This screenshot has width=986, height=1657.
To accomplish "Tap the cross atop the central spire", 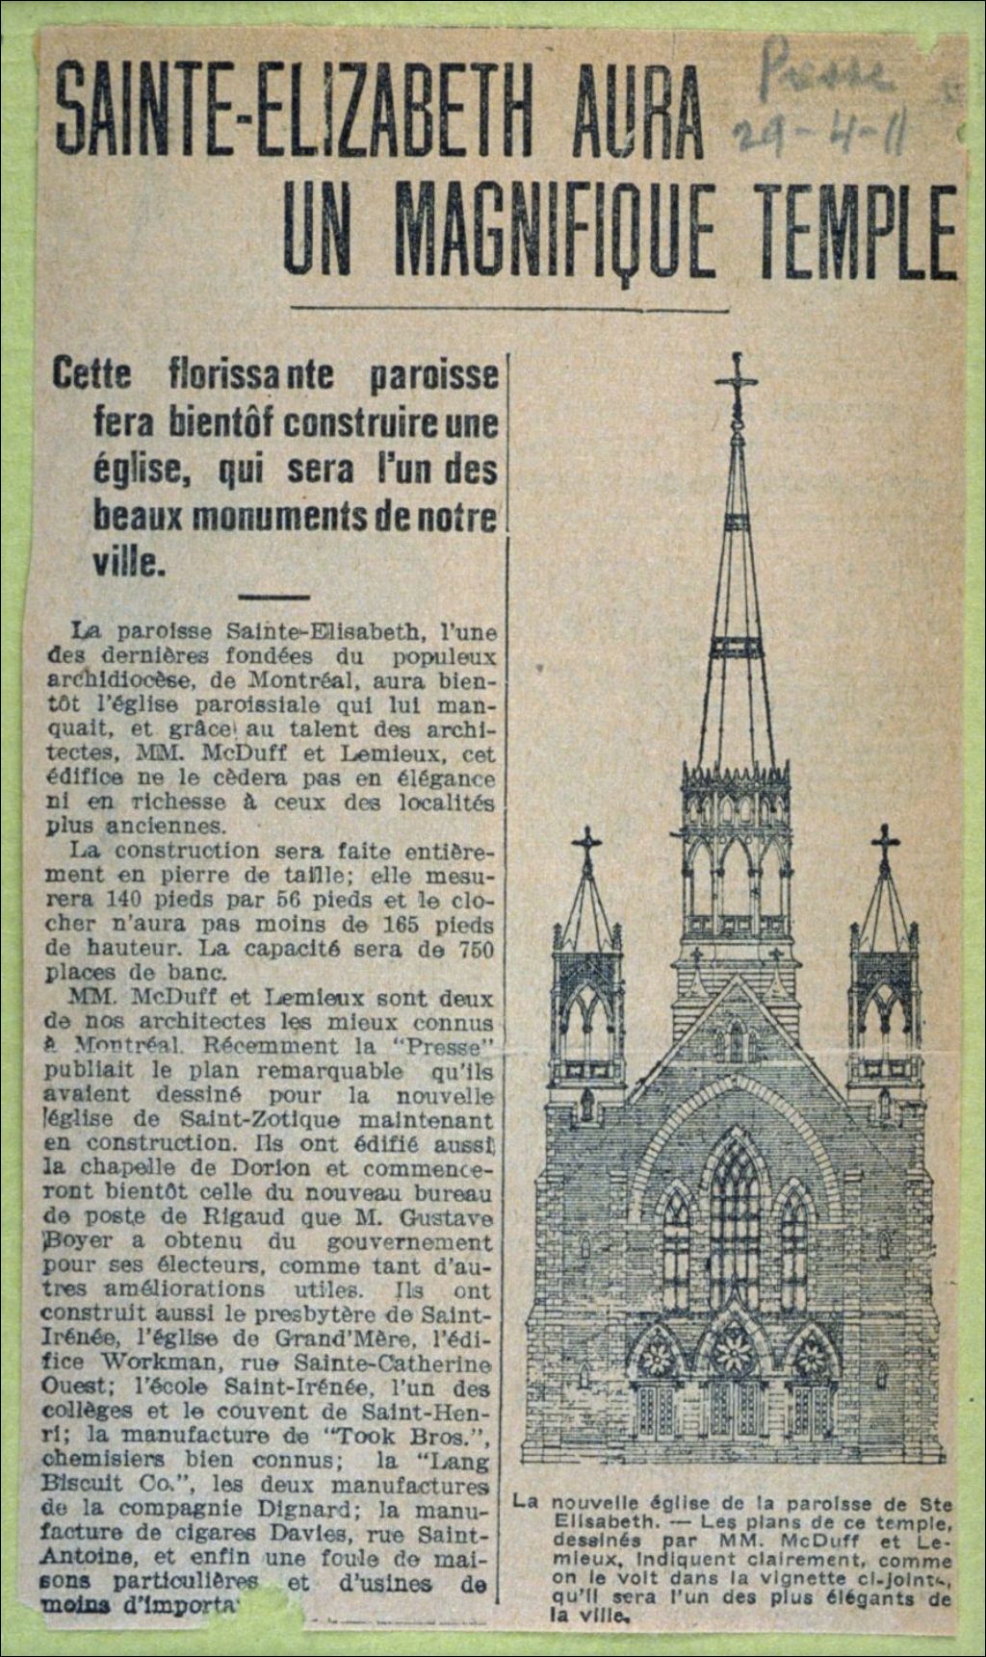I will [738, 378].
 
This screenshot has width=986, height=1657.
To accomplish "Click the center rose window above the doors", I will [734, 1353].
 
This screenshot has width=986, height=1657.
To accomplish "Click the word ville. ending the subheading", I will [129, 562].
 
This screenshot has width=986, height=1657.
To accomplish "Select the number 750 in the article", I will [471, 949].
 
